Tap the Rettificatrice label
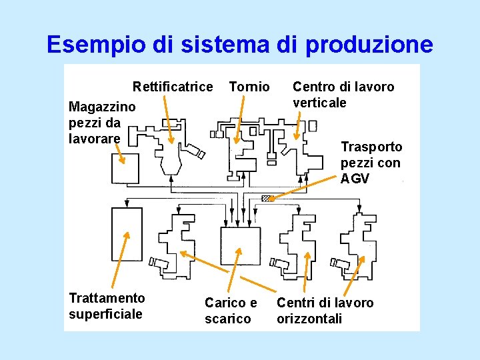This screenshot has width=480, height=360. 173,87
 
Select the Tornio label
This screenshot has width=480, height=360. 249,87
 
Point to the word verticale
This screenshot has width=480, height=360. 320,103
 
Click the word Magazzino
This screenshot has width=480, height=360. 102,107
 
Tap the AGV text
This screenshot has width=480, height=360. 354,179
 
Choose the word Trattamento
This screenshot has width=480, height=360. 107,297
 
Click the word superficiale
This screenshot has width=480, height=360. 105,314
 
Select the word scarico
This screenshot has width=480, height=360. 228,319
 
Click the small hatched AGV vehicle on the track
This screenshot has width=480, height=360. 267,198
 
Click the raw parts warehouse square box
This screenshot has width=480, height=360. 125,169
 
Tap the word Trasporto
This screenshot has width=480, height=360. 371,147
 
